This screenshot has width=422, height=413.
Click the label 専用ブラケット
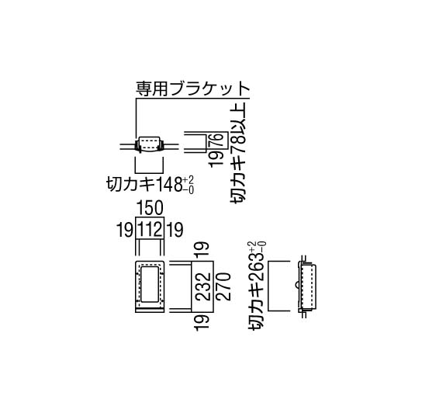(x=193, y=88)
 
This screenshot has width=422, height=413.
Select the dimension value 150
(x=150, y=208)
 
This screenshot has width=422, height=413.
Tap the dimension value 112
(x=150, y=230)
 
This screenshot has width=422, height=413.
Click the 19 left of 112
(x=125, y=230)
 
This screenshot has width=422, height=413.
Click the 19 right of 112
(x=175, y=230)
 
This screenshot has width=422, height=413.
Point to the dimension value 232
(x=202, y=286)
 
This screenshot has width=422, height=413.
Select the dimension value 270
(x=223, y=286)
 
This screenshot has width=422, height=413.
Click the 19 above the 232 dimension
(x=202, y=249)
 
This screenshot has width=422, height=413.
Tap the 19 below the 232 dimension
(x=202, y=323)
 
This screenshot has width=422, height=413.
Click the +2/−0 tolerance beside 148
(x=189, y=185)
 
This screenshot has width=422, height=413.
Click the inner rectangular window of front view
(x=150, y=284)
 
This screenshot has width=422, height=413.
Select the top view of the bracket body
(x=150, y=144)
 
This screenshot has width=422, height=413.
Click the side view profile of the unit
(x=306, y=286)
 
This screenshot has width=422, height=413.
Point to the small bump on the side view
(x=296, y=285)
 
